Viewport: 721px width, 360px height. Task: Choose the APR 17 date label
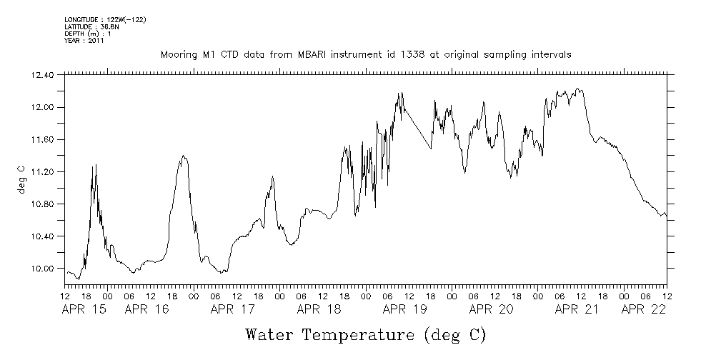tap(233, 309)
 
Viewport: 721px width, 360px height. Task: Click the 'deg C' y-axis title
tap(21, 180)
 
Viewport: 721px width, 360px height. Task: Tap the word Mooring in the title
tap(178, 55)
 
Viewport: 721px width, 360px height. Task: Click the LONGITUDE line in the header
tap(105, 19)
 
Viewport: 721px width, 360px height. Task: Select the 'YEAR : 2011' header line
tap(84, 41)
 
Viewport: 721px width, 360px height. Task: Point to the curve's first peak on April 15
tap(94, 166)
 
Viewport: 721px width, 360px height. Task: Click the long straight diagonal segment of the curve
tap(417, 129)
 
